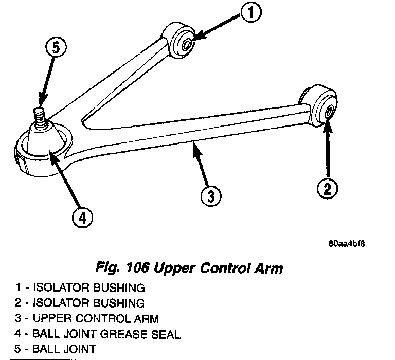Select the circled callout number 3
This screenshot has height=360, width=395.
pyautogui.click(x=210, y=195)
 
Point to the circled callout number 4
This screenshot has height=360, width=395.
pyautogui.click(x=82, y=219)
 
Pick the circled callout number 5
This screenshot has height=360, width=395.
pyautogui.click(x=55, y=49)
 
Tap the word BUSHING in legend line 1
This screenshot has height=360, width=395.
pyautogui.click(x=121, y=287)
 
